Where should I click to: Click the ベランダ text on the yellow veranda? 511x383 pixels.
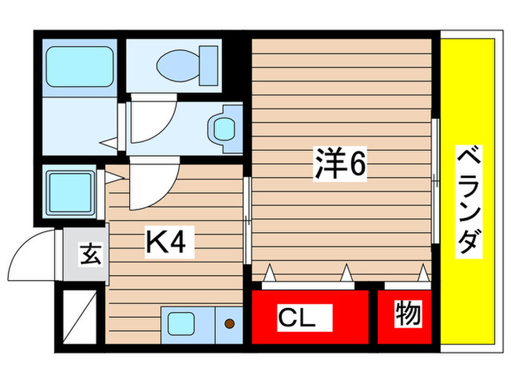pyautogui.click(x=471, y=201)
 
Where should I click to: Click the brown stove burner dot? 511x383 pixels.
pyautogui.click(x=229, y=323)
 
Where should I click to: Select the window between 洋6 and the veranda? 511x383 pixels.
pyautogui.click(x=436, y=182)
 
